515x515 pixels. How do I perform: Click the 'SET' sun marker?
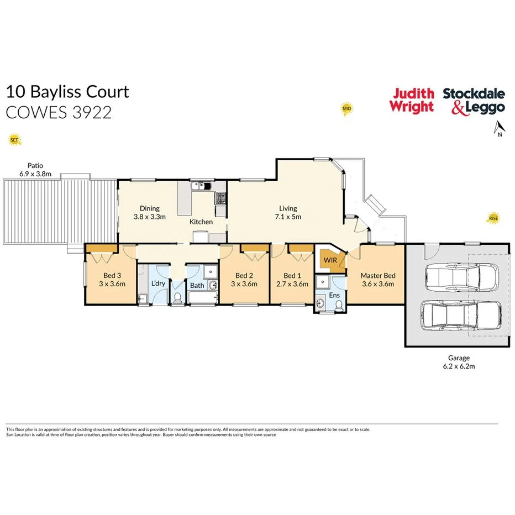[14, 140]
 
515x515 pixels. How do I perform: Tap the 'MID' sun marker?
[346, 108]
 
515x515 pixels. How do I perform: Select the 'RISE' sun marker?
[493, 218]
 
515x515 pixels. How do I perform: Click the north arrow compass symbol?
[498, 128]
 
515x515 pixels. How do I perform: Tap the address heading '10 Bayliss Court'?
[67, 91]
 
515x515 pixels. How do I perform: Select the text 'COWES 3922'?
[59, 112]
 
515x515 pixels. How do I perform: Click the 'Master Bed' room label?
[377, 276]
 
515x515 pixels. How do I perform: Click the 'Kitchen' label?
[201, 222]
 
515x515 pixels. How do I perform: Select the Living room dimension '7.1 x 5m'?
[288, 217]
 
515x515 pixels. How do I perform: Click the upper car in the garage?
[461, 275]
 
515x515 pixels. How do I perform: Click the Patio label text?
[35, 165]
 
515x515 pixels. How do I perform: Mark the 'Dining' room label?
[150, 208]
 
